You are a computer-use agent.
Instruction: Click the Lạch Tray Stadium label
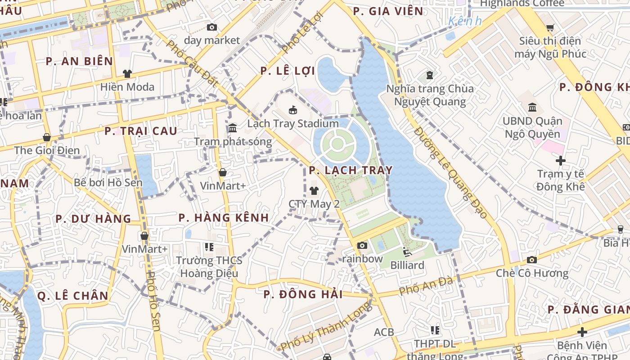coord(293,124)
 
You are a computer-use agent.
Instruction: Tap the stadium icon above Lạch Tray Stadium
coord(293,110)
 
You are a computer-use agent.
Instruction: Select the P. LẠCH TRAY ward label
coord(351,171)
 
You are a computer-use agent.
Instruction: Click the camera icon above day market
coord(212,27)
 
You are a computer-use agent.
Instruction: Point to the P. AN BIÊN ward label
coord(79,62)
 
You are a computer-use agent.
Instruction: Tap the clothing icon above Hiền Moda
coord(127,73)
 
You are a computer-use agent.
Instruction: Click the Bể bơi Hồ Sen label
coord(108,183)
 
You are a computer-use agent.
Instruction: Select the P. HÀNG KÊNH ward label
coord(224,218)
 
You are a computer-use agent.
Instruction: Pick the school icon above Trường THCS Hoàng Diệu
coord(209,247)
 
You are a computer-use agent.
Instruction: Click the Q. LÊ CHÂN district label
coord(72,296)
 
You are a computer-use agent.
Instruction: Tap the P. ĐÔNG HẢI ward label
coord(303,295)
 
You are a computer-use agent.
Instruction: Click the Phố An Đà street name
coord(426,286)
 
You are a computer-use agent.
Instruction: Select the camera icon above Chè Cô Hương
coord(532,260)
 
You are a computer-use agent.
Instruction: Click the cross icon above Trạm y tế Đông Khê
coord(561,160)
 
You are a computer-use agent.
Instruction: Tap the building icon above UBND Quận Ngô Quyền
coord(533,107)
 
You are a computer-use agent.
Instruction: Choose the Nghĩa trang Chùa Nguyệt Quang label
coord(430,95)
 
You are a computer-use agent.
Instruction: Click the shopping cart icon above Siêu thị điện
coord(550,28)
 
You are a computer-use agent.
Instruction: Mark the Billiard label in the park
coord(407,265)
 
